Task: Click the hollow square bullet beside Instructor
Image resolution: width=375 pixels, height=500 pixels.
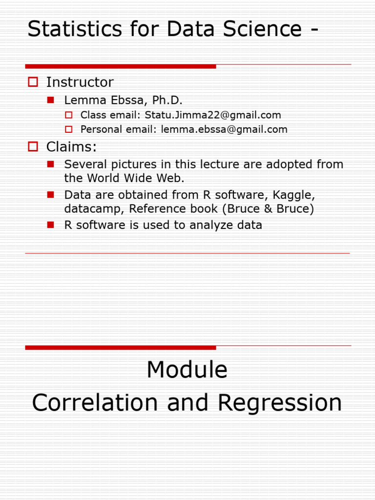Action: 33,82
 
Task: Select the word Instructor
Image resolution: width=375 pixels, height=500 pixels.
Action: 80,82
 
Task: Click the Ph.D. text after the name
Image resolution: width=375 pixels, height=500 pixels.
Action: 167,101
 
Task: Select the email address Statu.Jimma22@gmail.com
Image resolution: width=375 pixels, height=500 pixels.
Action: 213,115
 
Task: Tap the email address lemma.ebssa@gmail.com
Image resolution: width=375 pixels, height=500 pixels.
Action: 224,129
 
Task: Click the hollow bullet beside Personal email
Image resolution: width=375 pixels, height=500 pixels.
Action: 69,129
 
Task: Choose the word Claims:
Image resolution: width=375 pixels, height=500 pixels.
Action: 71,146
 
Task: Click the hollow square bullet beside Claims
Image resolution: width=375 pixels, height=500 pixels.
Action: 33,146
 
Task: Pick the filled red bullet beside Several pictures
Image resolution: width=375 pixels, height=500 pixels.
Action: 50,164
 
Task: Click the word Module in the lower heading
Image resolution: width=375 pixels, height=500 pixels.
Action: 187,370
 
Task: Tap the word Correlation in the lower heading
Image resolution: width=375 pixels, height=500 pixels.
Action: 95,403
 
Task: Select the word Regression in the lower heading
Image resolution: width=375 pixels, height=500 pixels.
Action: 280,403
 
